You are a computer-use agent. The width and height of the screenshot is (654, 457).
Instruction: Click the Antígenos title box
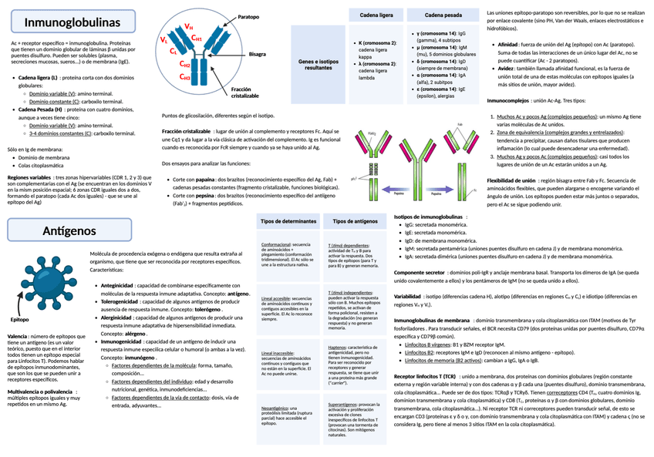70,230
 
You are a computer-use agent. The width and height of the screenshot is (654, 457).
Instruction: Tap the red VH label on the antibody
188,27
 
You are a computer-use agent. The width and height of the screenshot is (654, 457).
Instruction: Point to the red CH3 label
185,77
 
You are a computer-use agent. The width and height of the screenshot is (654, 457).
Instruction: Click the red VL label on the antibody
163,39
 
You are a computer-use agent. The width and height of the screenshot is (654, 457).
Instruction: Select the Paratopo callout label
248,16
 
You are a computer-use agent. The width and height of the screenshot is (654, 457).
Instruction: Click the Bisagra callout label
257,55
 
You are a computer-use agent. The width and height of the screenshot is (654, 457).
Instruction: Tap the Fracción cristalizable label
245,92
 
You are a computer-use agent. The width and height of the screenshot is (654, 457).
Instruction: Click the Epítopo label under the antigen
19,319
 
